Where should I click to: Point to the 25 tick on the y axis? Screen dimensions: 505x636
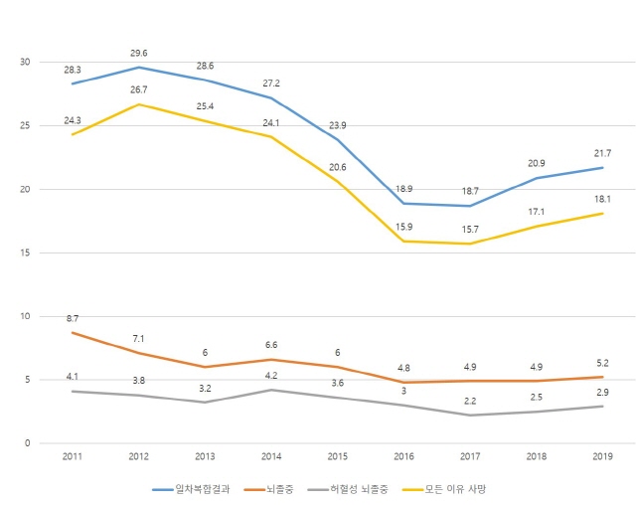[25, 125]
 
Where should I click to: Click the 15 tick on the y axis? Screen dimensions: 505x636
[25, 252]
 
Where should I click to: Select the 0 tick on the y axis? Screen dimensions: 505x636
[28, 443]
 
